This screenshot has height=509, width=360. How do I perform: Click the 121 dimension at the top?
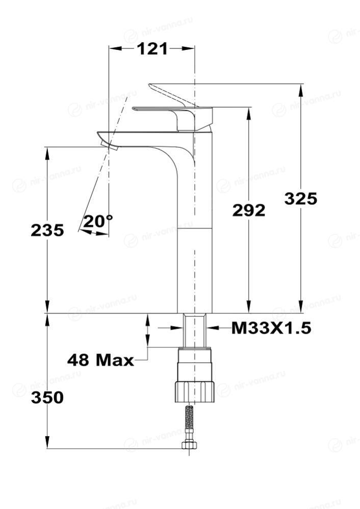[152, 49]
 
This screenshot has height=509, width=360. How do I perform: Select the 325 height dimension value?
[300, 198]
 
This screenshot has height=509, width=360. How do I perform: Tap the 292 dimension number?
[248, 210]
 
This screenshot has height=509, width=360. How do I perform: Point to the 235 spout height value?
[47, 230]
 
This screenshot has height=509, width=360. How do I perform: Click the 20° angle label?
[98, 222]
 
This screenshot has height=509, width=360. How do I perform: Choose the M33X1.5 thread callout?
[271, 328]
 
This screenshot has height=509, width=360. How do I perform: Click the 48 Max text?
[100, 360]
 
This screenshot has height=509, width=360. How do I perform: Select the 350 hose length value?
[47, 397]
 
